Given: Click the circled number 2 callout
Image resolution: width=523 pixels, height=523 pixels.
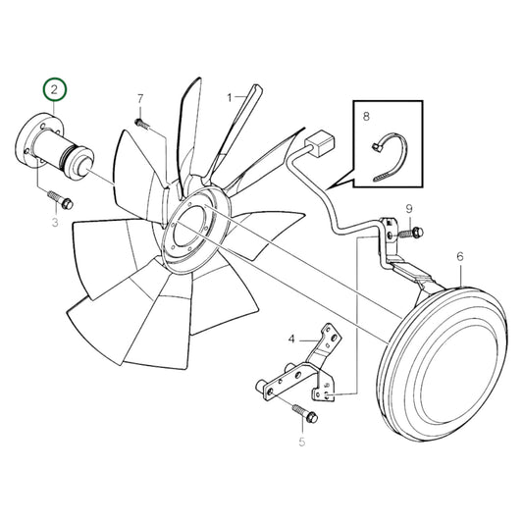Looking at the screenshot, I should coord(55,90).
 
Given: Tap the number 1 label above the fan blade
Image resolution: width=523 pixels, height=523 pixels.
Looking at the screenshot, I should coord(230,97).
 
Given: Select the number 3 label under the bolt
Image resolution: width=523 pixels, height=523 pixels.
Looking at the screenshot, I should coord(55,224).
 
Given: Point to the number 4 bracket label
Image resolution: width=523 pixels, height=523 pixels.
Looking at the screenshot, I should coord(291,340).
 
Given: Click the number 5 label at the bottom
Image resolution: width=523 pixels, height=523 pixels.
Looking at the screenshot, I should coord(301,443).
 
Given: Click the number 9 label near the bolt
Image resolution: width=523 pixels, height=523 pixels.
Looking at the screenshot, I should coord(409,208).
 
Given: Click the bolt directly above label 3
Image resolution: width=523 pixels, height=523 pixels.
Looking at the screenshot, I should coord(64,203).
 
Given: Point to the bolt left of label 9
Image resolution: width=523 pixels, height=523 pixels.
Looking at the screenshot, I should coord(414,232).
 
